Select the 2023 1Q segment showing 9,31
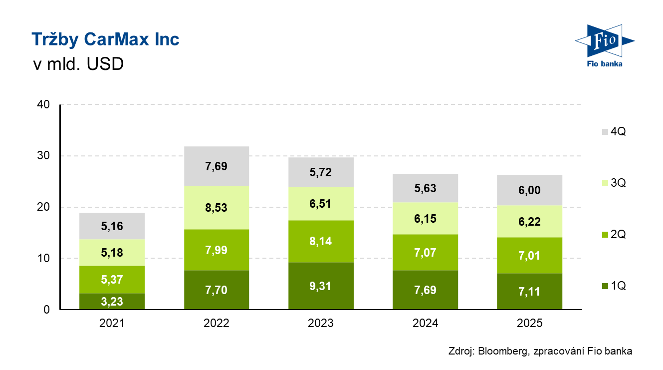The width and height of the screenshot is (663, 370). [321, 286]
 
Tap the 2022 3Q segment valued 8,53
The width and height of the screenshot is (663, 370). [216, 208]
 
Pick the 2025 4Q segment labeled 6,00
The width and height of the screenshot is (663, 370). [529, 190]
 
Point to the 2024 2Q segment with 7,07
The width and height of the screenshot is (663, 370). [425, 253]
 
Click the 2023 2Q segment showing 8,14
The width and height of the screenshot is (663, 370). [321, 242]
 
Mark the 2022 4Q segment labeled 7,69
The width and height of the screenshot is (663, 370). [216, 166]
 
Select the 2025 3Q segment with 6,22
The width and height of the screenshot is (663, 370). [529, 222]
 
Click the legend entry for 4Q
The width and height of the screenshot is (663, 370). [614, 132]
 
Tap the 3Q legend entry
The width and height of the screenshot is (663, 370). [614, 183]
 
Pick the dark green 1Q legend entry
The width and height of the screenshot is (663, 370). [614, 286]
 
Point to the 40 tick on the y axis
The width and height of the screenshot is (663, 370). [43, 105]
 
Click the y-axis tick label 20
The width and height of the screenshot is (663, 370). [43, 207]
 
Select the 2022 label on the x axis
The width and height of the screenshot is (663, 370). [216, 323]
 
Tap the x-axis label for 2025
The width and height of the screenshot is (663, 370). [529, 323]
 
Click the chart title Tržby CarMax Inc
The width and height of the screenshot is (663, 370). [105, 39]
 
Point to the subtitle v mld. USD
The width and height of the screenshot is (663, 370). [77, 65]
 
